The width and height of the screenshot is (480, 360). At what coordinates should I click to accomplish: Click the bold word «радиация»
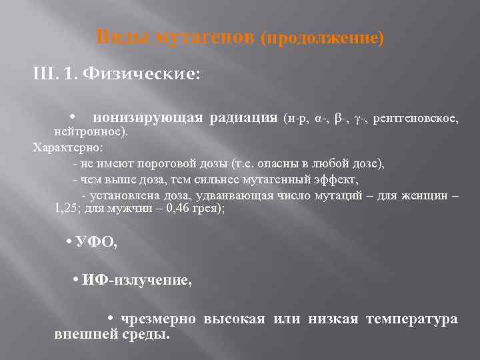coord(243,118)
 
